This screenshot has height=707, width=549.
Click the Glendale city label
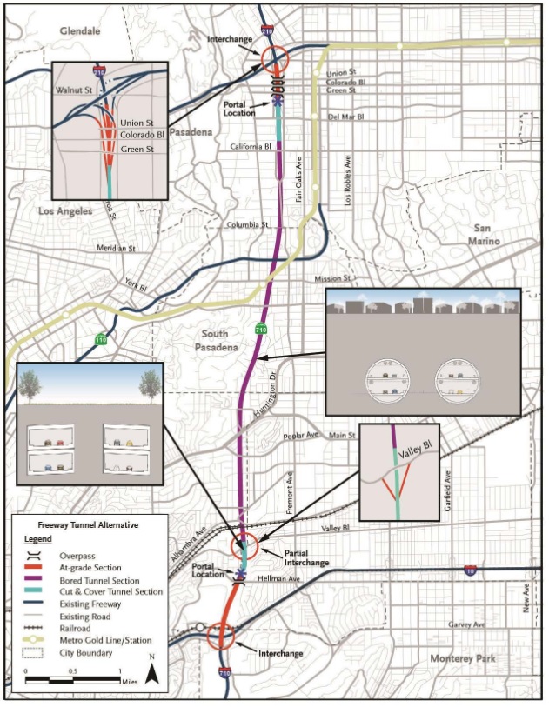click(x=80, y=30)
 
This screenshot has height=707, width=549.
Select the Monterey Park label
click(x=463, y=658)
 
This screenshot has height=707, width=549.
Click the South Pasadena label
click(x=214, y=341)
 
